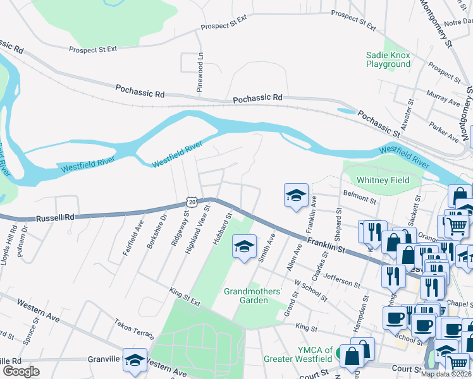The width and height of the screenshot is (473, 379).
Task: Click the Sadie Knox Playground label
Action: tap(388, 59)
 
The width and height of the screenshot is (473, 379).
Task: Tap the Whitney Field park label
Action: tap(383, 180)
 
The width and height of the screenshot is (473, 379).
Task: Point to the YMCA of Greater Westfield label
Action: tap(298, 354)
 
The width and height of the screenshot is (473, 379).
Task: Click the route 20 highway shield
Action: tap(192, 202)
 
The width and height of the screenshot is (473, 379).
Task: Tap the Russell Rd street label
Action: tap(56, 217)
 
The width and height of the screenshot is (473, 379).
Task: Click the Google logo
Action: tap(21, 371)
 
